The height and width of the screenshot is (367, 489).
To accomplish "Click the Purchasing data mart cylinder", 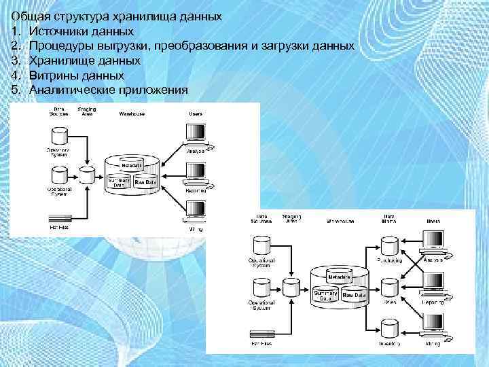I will click(x=390, y=246).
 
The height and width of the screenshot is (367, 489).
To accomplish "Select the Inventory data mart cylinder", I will click(x=390, y=330).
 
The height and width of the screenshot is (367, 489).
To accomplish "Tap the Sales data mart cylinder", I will click(x=390, y=288).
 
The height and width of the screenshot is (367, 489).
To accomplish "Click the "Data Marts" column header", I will click(x=389, y=218).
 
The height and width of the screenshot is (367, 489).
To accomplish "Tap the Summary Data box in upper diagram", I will click(x=120, y=181).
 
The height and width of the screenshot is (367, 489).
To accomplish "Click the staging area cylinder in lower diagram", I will click(x=291, y=287).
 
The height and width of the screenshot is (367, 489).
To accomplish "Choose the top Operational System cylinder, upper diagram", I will click(x=60, y=135).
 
